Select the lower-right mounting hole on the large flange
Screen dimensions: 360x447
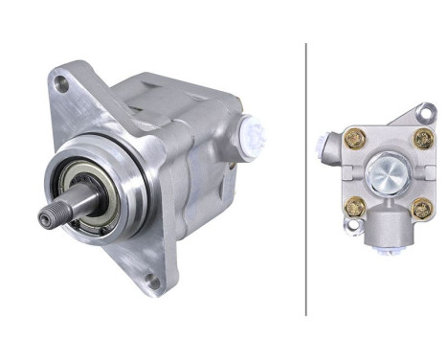[x=152, y=281]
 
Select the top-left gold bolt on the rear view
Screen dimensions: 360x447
[x=353, y=138]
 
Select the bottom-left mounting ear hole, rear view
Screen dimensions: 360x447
[x=351, y=230]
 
